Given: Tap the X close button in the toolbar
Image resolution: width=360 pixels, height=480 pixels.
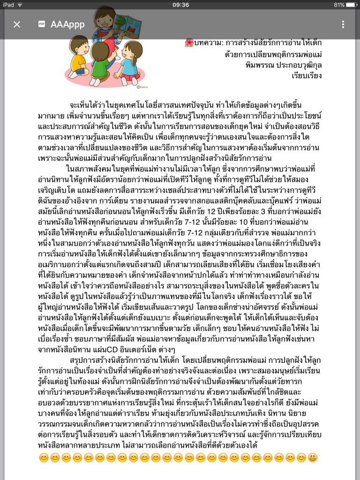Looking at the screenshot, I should coord(17,24).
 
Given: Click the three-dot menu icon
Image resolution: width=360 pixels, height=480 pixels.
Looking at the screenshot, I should coord(343,24).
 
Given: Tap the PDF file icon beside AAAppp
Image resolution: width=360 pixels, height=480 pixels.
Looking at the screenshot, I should coord(42,24).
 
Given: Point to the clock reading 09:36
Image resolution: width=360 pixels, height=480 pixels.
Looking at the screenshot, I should coord(180,5).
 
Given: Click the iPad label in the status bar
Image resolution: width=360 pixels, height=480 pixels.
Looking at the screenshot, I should coord(9,5).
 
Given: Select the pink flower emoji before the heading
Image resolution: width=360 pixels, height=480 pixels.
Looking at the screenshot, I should coord(189,43).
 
